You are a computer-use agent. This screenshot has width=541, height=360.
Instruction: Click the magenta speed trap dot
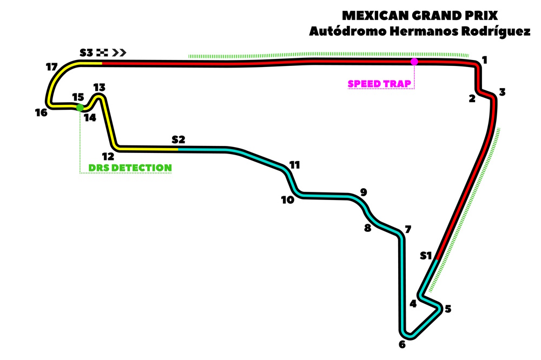tap(414, 62)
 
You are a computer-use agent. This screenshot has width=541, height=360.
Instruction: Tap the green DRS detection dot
tap(80, 108)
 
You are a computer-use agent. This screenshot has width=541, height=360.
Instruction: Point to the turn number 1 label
tap(485, 60)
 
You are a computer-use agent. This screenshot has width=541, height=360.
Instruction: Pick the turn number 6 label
tap(402, 345)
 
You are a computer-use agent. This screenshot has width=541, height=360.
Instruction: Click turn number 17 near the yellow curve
tap(52, 67)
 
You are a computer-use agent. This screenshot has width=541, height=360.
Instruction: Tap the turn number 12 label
tap(108, 157)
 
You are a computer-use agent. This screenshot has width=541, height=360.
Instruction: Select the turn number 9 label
tap(364, 192)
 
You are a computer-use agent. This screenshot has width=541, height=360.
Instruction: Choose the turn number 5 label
tap(447, 309)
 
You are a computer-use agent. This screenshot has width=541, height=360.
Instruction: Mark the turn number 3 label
tap(502, 92)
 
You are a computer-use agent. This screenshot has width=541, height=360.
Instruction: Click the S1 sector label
tap(426, 256)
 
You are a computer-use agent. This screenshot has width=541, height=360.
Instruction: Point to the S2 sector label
tap(179, 139)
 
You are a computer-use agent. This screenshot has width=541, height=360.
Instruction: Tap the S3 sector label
tap(87, 52)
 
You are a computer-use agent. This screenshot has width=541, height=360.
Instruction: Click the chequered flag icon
tap(103, 52)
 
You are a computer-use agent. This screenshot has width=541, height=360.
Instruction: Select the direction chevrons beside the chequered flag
tap(120, 52)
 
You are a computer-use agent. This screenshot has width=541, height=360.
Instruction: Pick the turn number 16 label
tap(41, 112)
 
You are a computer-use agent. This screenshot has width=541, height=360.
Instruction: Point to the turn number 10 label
tap(287, 199)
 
